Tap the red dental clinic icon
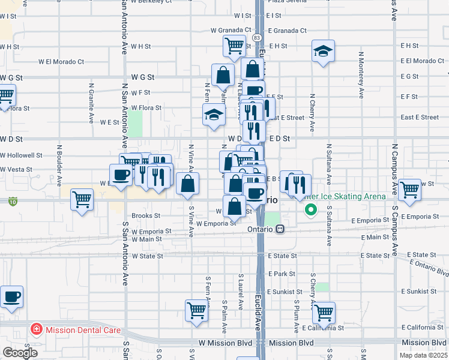[x=36, y=330]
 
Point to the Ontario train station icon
[x=280, y=229]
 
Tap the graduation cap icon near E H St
[x=323, y=52]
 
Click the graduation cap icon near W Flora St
[x=214, y=114]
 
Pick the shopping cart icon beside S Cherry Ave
[x=324, y=311]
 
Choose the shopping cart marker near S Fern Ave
[x=196, y=310]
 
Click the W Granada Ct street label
[x=231, y=30]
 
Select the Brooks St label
[x=146, y=215]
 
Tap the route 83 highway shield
[x=257, y=37]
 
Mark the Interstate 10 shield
[x=13, y=202]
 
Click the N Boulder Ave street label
[x=60, y=158]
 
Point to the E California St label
[x=323, y=328]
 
